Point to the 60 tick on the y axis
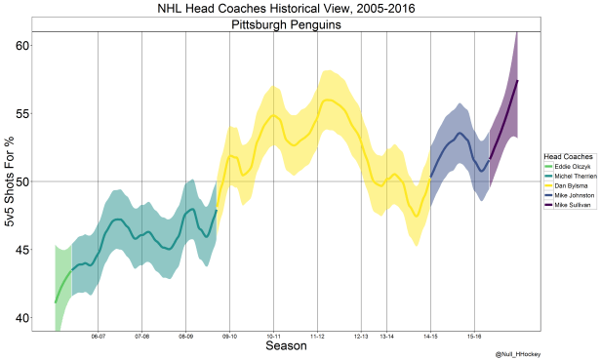pyautogui.click(x=22, y=46)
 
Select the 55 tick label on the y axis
pyautogui.click(x=22, y=113)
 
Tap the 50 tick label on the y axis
pyautogui.click(x=22, y=181)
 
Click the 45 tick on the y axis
pyautogui.click(x=22, y=250)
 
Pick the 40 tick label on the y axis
pyautogui.click(x=22, y=318)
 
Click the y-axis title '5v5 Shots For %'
pyautogui.click(x=9, y=181)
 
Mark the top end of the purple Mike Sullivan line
pyautogui.click(x=517, y=80)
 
